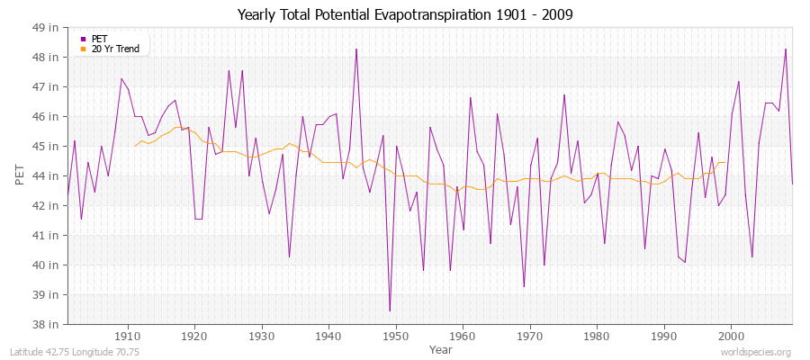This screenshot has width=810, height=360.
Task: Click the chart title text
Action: click(x=405, y=14)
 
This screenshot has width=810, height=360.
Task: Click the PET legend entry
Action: click(x=99, y=39)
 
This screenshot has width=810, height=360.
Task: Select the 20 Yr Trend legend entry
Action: click(x=115, y=49)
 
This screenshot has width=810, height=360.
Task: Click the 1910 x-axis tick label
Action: click(x=127, y=336)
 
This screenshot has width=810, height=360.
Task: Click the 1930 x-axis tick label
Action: click(x=261, y=336)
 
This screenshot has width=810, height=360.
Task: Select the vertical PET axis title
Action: click(x=20, y=175)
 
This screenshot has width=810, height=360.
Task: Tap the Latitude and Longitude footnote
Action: click(x=75, y=352)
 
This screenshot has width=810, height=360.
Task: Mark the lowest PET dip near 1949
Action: click(x=390, y=310)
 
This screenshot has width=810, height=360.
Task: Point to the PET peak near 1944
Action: click(x=356, y=49)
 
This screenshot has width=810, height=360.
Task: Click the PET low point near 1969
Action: click(x=524, y=286)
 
